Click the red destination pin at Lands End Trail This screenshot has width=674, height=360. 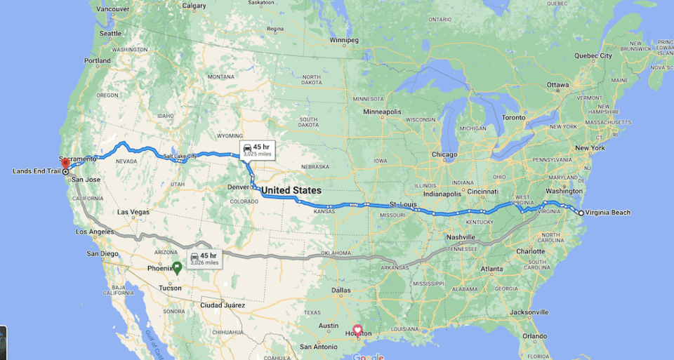click(65, 164)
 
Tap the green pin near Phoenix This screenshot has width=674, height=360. click(177, 267)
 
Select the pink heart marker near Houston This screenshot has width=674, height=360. click(357, 329)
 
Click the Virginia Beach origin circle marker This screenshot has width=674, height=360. click(581, 213)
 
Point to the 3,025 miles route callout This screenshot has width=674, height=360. click(255, 149)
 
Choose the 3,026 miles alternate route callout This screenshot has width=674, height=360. click(204, 258)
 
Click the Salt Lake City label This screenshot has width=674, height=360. click(180, 155)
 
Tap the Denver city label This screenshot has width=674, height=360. click(238, 187)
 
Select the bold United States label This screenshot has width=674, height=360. click(291, 190)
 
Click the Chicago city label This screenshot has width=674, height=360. click(444, 154)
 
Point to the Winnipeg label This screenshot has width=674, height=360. click(344, 40)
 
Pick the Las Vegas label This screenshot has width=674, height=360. click(133, 211)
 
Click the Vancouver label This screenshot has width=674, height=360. click(112, 9)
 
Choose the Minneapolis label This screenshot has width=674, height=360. click(383, 112)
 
